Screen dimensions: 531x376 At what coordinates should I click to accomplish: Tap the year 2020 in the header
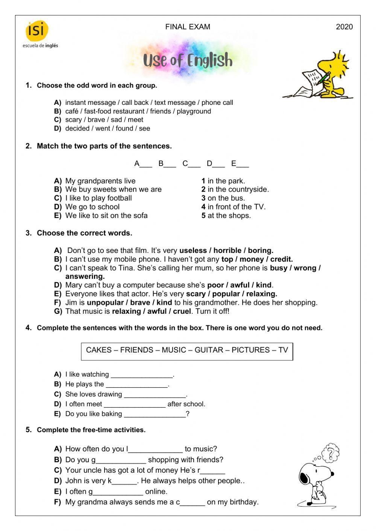point(344,27)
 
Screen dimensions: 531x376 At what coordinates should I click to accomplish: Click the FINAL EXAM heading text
point(188,27)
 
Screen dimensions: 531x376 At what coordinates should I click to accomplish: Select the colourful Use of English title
point(188,61)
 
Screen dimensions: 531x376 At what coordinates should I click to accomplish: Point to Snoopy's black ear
point(304,478)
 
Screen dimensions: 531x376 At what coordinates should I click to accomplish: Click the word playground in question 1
point(194,111)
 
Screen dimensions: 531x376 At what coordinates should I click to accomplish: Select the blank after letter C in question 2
point(194,164)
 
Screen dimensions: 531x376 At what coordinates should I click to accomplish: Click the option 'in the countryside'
point(238,189)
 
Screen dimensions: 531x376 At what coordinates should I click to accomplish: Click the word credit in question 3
point(281,259)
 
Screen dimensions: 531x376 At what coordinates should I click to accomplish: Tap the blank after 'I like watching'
point(142,375)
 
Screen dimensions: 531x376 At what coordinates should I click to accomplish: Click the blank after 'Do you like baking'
point(155,415)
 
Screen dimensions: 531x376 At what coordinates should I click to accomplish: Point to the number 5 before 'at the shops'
point(203,216)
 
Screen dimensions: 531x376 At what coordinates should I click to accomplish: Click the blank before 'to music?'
point(155,449)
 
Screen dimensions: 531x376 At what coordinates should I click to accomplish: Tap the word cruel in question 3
point(182,312)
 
